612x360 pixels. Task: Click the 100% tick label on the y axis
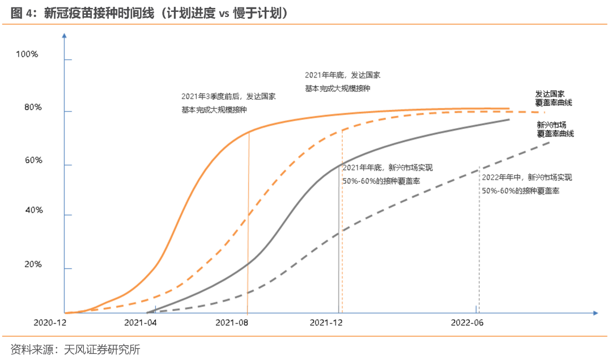point(27,54)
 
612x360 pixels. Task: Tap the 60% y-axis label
point(33,160)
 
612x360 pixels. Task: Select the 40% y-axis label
point(33,210)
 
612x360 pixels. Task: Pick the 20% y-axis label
point(33,264)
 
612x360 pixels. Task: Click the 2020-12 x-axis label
point(50,323)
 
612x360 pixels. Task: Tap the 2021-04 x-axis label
point(140,323)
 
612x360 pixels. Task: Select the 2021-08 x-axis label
point(233,323)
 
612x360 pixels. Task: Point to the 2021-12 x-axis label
point(327,323)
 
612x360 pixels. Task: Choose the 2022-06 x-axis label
point(467,323)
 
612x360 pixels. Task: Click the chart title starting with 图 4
point(150,12)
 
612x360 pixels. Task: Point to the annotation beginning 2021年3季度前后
point(228,103)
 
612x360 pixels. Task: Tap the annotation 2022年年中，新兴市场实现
point(526,184)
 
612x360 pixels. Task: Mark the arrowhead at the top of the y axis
point(65,36)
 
